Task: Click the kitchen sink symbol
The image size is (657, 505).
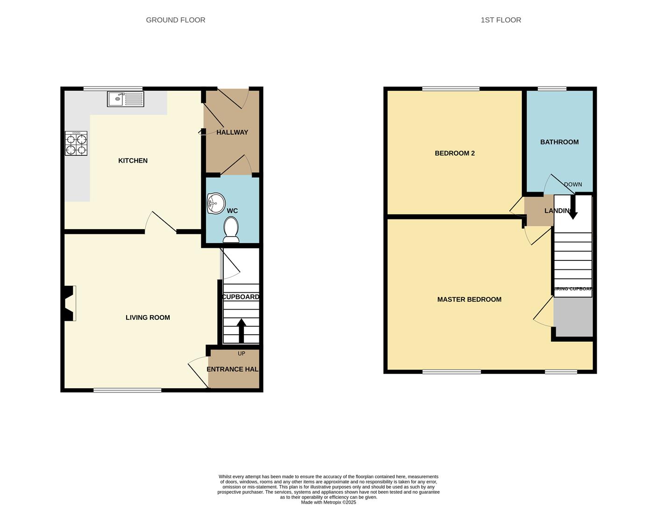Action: click(125, 99)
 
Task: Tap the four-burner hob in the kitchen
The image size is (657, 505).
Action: click(76, 144)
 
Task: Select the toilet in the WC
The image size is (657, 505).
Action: click(231, 231)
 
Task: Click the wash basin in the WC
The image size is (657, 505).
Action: click(216, 203)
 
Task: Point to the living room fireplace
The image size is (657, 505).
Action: click(69, 303)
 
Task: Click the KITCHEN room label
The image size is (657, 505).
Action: click(133, 160)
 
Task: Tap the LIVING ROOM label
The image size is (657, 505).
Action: click(148, 317)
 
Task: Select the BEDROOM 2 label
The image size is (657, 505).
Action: click(455, 153)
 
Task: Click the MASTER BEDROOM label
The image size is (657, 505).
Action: click(469, 299)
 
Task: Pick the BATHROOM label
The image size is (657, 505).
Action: click(559, 142)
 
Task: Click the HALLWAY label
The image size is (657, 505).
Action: click(232, 132)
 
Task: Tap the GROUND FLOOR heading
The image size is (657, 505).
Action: click(176, 20)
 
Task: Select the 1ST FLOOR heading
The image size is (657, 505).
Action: click(501, 20)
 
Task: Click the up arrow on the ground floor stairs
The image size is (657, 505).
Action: click(241, 331)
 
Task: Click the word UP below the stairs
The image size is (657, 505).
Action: click(241, 353)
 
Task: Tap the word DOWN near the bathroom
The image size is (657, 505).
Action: click(573, 184)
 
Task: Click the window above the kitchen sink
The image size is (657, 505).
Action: click(113, 88)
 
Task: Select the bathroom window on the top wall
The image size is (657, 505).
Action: click(552, 88)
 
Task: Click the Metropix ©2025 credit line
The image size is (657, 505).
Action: click(328, 502)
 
